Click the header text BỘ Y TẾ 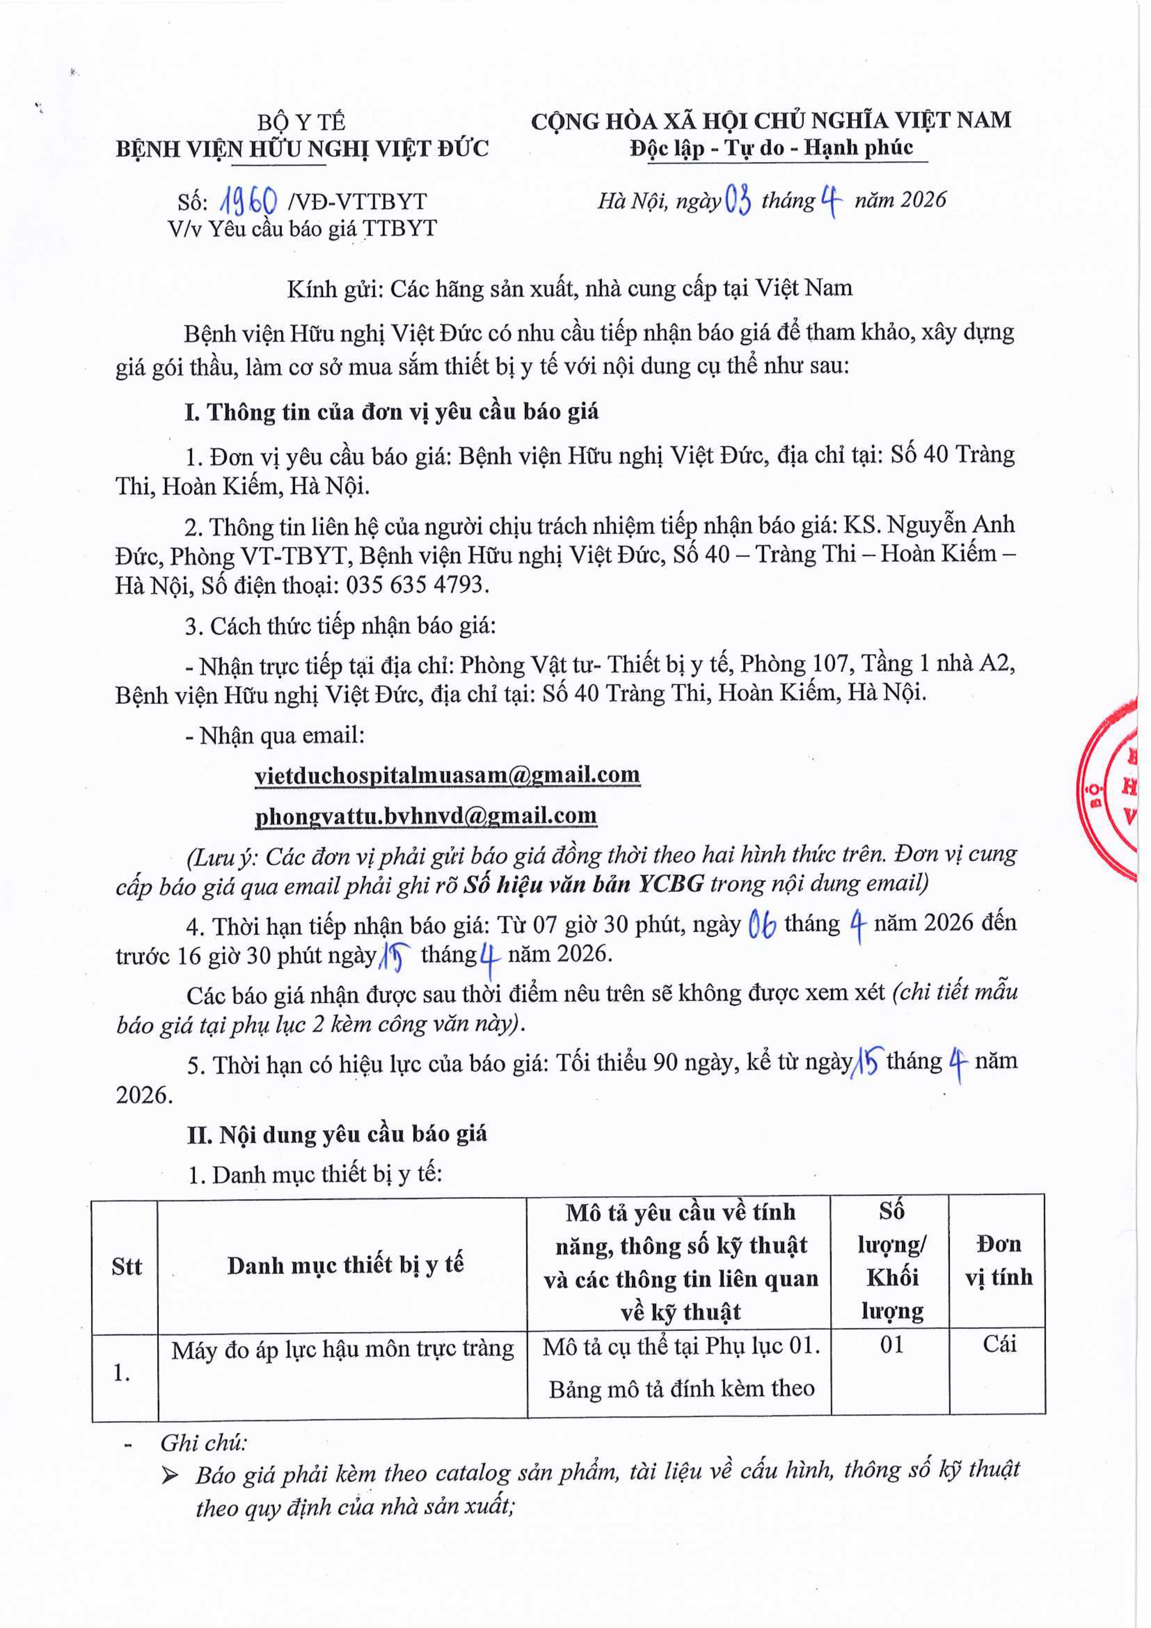point(301,122)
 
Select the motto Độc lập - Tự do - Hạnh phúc point(772,148)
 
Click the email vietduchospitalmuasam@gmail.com point(447,775)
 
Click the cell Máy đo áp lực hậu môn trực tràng point(342,1349)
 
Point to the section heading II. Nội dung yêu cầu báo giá point(337,1134)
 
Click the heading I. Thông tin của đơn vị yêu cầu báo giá point(391,412)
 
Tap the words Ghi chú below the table point(204,1444)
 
